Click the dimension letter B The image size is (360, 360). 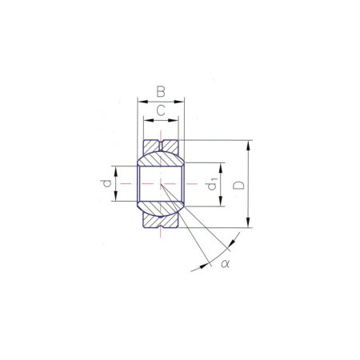coord(161,91)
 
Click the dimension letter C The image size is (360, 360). coord(161,110)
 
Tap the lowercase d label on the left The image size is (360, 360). coord(106,183)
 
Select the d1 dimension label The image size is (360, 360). coord(212,184)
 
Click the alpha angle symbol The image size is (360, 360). coord(225,264)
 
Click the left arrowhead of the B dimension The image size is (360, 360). coord(142,102)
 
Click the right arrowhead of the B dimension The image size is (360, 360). coord(179,102)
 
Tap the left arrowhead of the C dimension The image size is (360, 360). coord(149,120)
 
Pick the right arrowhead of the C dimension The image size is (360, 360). coord(173,120)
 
